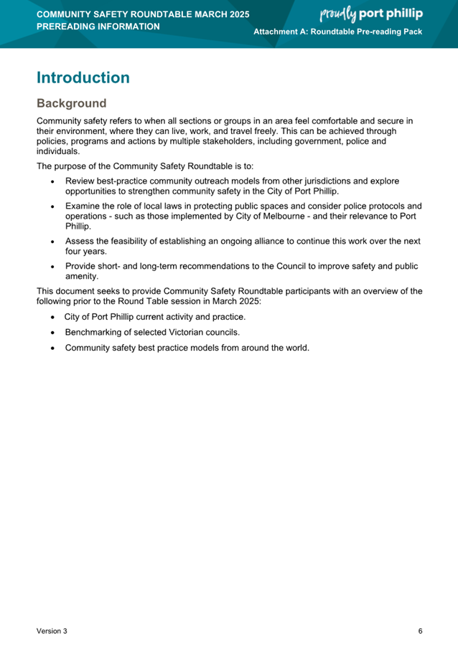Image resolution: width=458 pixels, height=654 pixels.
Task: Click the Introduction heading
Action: pos(83,77)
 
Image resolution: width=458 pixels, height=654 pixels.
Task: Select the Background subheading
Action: pos(71,104)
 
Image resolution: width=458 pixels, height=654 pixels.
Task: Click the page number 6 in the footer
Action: pos(420,631)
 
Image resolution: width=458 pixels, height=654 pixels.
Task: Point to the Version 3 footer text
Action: pos(52,631)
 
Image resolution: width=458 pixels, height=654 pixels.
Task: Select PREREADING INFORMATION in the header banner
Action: pos(98,27)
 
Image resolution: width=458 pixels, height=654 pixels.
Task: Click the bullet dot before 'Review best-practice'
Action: pos(53,181)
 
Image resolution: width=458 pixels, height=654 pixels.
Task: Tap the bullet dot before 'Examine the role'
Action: pos(53,207)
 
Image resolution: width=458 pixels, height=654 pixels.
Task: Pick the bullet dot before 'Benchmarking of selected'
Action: pos(53,333)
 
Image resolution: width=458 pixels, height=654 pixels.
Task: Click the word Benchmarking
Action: pos(93,333)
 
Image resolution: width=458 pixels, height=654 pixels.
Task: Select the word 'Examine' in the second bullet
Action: pos(82,207)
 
